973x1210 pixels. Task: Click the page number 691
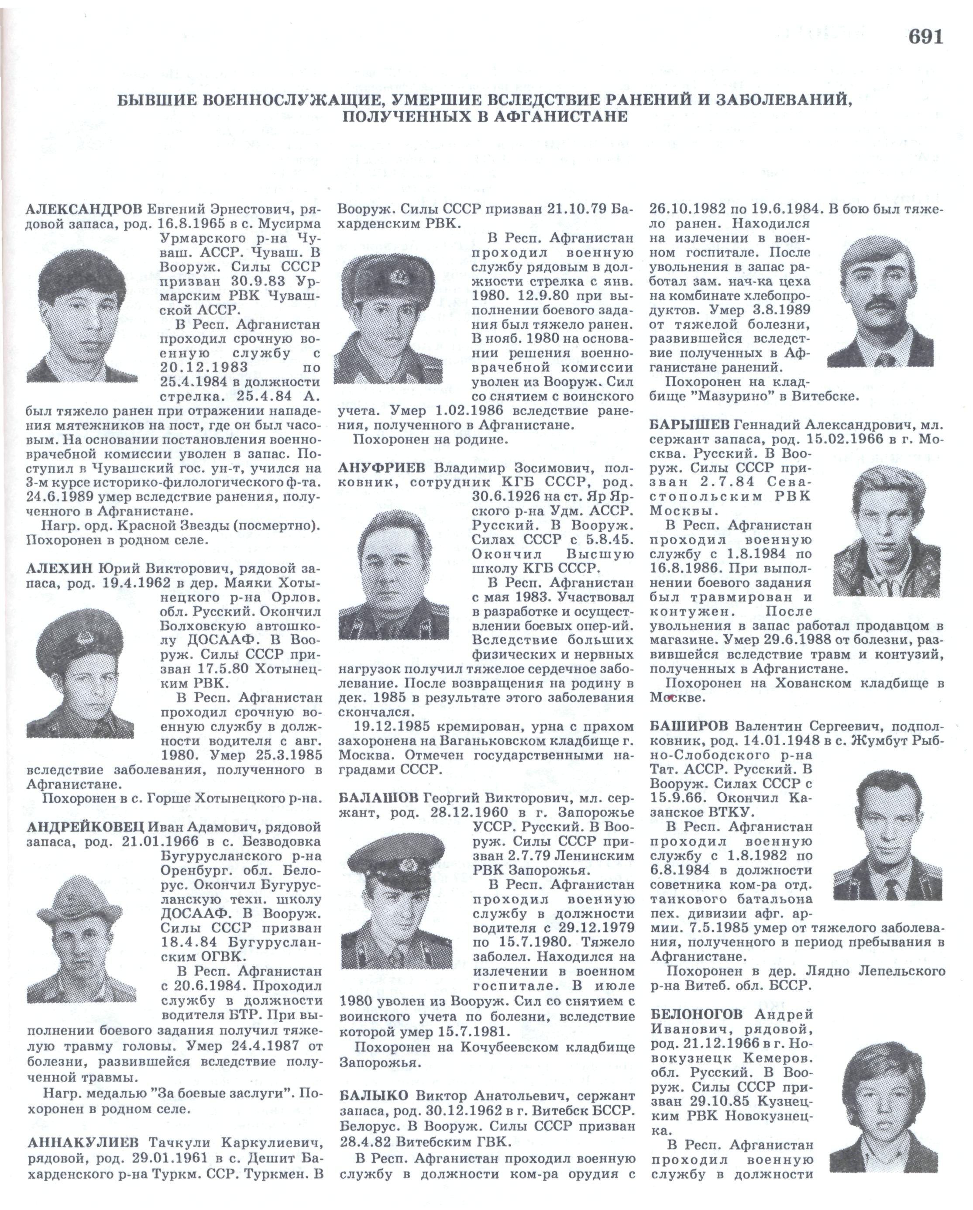pos(925,37)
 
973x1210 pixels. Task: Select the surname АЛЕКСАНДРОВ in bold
pos(84,210)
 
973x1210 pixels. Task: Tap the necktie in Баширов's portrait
pos(892,887)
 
